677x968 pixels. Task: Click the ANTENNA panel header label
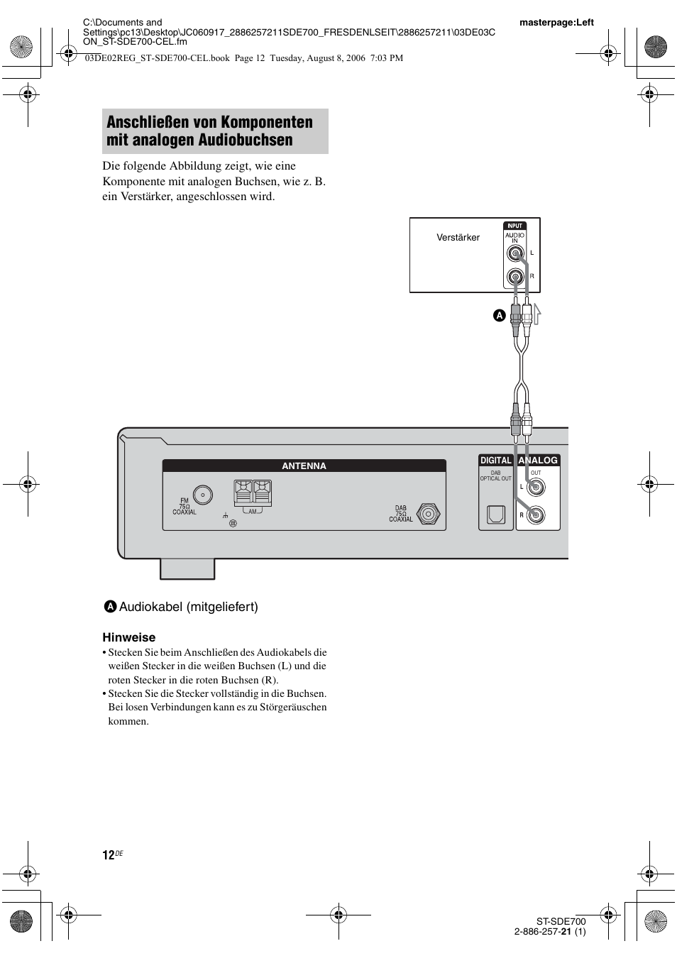(x=304, y=466)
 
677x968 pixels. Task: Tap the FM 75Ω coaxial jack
(x=203, y=495)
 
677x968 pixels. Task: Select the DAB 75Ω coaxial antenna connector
(x=427, y=513)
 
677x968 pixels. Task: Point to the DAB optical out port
(x=495, y=515)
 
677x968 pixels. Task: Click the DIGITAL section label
(x=495, y=461)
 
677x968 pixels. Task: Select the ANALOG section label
(x=538, y=461)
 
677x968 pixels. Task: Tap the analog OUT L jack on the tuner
(x=536, y=488)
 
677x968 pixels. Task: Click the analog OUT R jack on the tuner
(x=536, y=515)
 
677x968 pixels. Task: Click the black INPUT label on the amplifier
(x=515, y=226)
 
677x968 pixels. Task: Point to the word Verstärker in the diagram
(x=458, y=238)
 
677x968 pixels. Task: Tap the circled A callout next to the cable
(x=499, y=315)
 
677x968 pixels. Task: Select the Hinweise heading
(x=128, y=637)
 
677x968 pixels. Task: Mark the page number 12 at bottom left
(x=108, y=855)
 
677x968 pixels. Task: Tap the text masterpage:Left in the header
(x=556, y=23)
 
